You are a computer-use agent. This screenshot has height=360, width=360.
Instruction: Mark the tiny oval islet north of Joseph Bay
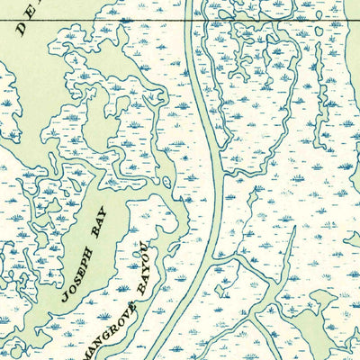coord(167,182)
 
